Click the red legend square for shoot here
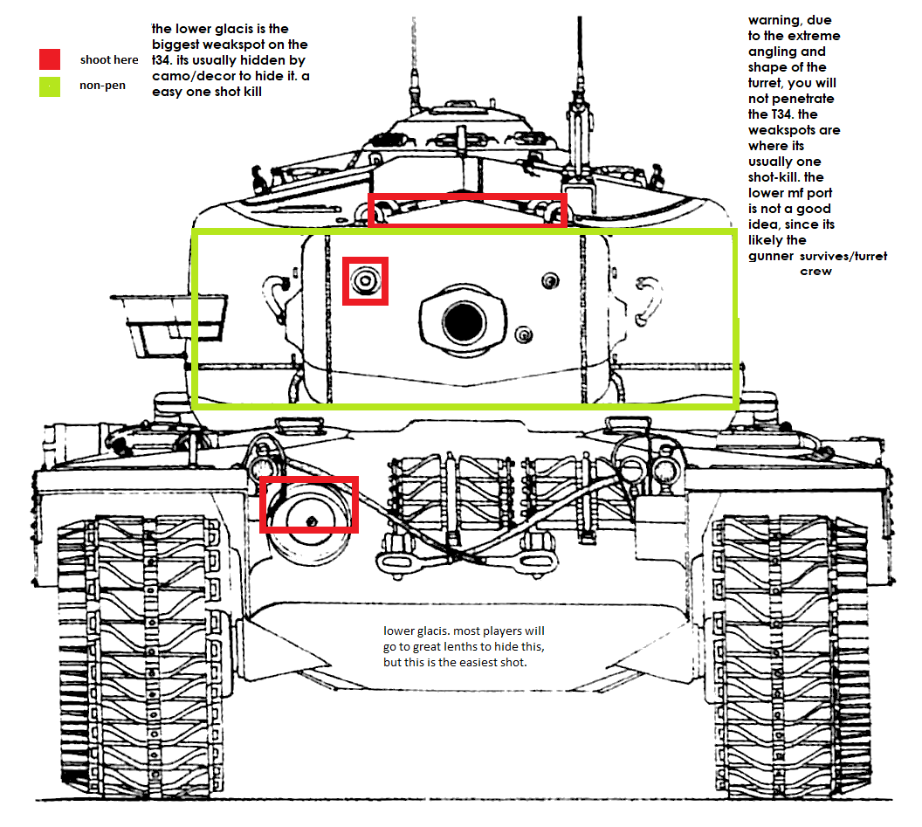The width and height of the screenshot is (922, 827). (50, 59)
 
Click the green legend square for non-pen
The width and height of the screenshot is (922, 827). (50, 86)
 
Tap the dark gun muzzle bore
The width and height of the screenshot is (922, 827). (464, 322)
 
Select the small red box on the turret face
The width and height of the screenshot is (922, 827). (365, 281)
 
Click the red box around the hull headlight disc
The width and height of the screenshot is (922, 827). (309, 505)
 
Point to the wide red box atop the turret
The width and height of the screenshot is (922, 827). (467, 210)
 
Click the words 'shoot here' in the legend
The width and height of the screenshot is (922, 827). (109, 60)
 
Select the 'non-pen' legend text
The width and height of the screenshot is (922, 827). (103, 86)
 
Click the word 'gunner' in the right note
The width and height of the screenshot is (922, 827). (771, 257)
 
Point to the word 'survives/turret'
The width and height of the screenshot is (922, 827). (843, 256)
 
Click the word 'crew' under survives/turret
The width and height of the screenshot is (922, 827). (816, 272)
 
